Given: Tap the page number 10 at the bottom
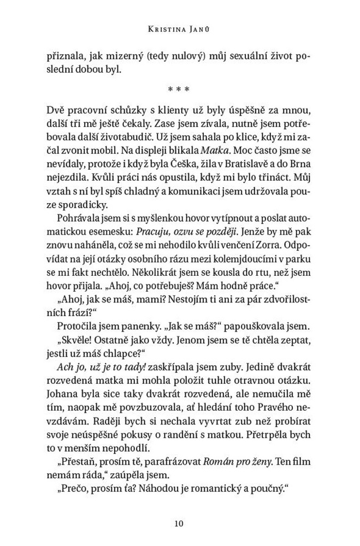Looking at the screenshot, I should (180, 524).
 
